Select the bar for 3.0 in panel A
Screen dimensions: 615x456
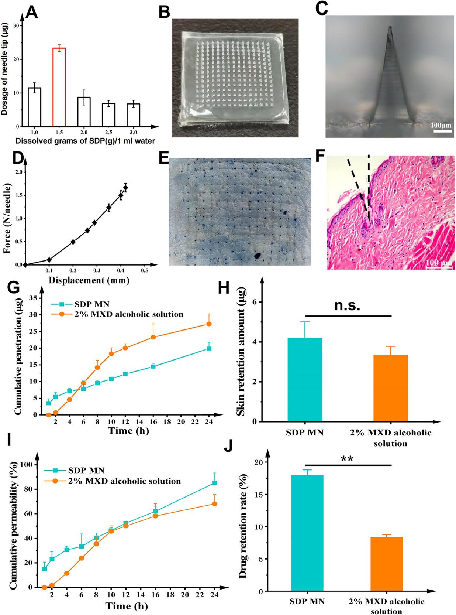pyautogui.click(x=133, y=115)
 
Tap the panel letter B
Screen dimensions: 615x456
pyautogui.click(x=164, y=12)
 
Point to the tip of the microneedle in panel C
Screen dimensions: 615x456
pyautogui.click(x=390, y=28)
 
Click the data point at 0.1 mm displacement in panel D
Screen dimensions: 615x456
pyautogui.click(x=49, y=260)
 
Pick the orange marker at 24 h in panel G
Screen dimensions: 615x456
pyautogui.click(x=209, y=324)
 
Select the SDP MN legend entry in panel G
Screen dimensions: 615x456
pyautogui.click(x=79, y=304)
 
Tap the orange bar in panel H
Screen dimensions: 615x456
pyautogui.click(x=391, y=388)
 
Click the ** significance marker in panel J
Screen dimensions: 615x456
pyautogui.click(x=347, y=459)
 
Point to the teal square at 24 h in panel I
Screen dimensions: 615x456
pyautogui.click(x=214, y=482)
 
